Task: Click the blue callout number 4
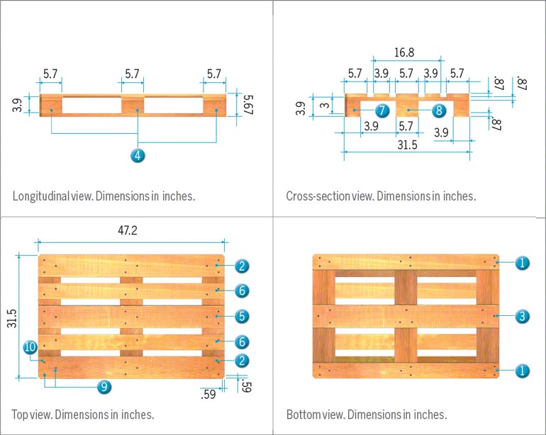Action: [x=138, y=155]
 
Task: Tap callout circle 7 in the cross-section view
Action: [x=381, y=111]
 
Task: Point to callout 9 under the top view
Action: [x=104, y=386]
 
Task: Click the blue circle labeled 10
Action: [x=30, y=347]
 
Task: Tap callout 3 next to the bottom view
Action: [x=521, y=316]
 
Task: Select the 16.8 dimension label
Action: [x=405, y=52]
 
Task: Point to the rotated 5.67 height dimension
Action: [x=247, y=105]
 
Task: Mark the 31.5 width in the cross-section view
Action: [x=406, y=145]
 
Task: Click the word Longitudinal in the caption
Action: [x=40, y=196]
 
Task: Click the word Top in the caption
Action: [x=21, y=414]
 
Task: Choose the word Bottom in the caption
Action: [x=303, y=414]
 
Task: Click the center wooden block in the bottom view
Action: [x=406, y=316]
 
